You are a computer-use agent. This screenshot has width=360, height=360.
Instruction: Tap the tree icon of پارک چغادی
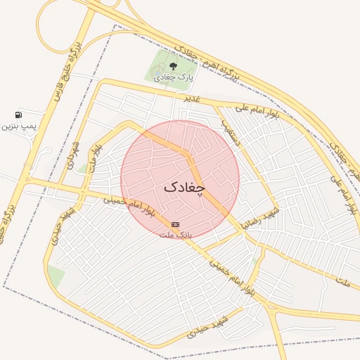[x=173, y=66]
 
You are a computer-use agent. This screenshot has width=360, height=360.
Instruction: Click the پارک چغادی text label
[x=176, y=77]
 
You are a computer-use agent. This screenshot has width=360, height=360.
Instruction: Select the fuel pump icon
[x=18, y=115]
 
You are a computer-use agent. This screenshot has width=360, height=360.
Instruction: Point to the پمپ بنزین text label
[x=18, y=126]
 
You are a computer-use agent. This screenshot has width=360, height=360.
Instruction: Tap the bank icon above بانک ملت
[x=175, y=224]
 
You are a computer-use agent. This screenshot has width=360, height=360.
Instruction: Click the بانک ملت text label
[x=181, y=233]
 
